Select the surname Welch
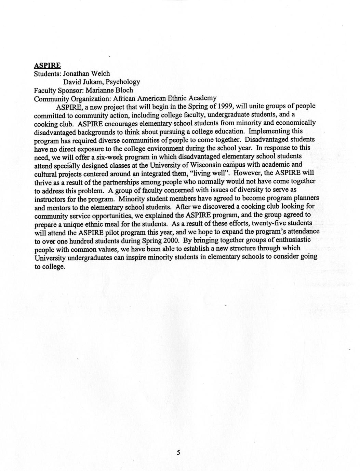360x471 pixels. tap(101, 73)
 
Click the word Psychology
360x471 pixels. tap(123, 82)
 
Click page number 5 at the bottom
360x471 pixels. tap(178, 453)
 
